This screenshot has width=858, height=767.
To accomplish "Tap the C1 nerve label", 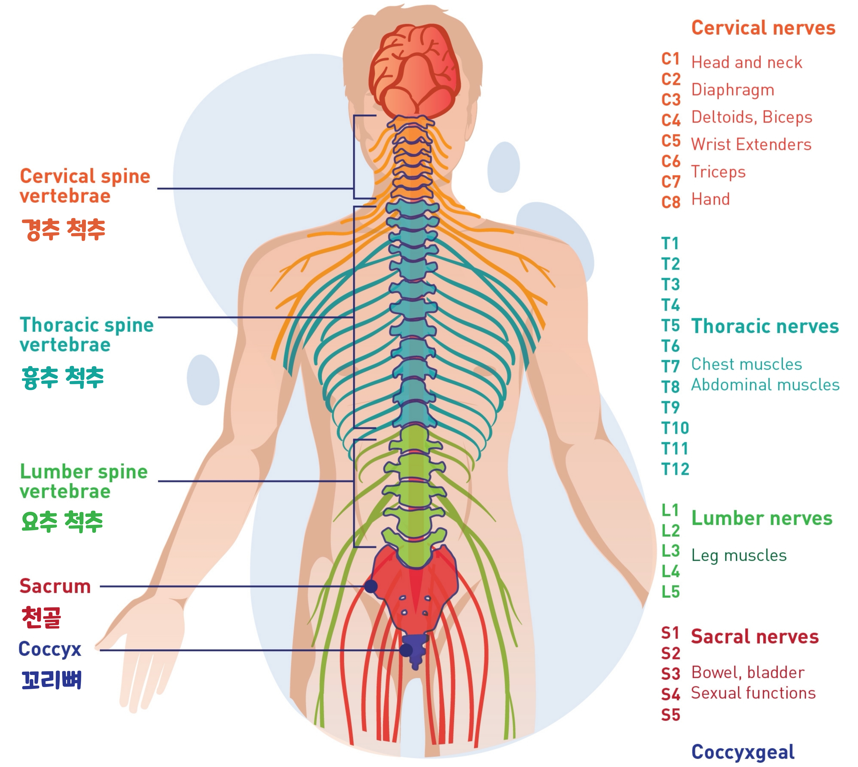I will click(x=670, y=59).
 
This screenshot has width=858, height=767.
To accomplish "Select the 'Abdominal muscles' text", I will click(x=765, y=385).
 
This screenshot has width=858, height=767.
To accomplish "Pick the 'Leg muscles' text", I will click(x=739, y=555).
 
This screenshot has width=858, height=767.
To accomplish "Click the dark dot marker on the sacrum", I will click(x=371, y=586).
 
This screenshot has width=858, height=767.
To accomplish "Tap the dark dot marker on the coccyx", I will click(x=406, y=650).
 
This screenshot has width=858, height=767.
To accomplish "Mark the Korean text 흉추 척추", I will click(x=62, y=377).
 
